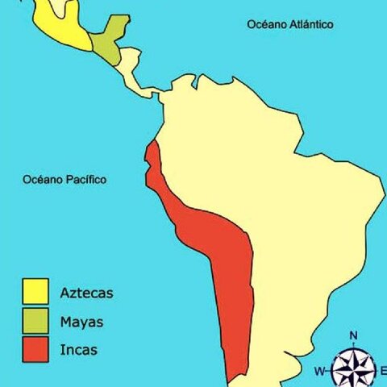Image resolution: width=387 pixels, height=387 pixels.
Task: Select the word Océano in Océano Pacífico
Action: [43, 179]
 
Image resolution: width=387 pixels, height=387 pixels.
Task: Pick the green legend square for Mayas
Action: [35, 321]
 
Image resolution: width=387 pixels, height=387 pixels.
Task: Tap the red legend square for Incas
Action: [35, 350]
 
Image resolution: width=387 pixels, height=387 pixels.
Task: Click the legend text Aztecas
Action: [86, 293]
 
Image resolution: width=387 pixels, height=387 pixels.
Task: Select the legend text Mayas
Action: [81, 322]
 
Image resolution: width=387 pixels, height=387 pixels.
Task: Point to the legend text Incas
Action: [78, 351]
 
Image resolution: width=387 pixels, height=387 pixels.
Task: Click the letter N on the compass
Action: [353, 335]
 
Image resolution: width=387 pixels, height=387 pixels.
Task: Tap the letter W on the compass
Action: [320, 372]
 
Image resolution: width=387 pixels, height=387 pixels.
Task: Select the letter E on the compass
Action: [383, 371]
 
